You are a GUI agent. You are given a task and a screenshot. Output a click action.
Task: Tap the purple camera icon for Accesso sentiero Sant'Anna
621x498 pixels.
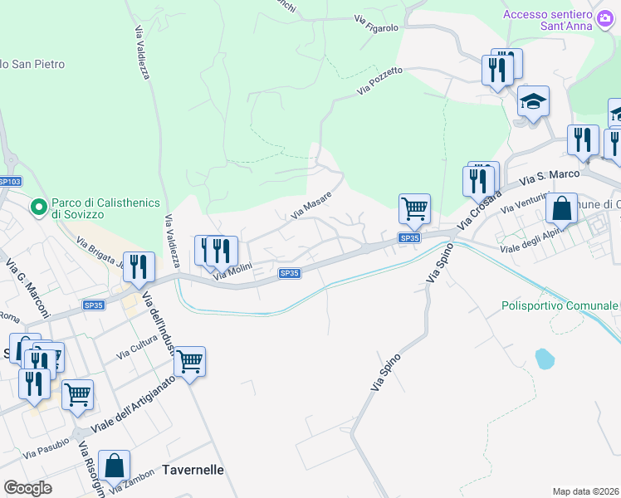click(x=604, y=17)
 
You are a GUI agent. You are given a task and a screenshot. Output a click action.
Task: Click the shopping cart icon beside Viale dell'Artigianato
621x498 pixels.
click(x=190, y=361)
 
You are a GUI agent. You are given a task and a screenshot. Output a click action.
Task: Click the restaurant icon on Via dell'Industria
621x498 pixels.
click(x=139, y=266)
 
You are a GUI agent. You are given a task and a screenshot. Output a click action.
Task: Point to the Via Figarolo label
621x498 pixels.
click(x=376, y=22)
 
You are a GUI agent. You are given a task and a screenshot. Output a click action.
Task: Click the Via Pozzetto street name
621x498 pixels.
click(x=380, y=81)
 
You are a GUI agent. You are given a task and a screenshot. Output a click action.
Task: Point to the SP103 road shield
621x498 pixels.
click(x=8, y=182)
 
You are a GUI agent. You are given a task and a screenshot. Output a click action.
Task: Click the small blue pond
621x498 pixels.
click(x=544, y=359)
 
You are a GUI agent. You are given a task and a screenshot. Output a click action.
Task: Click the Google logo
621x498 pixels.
click(x=28, y=487)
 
